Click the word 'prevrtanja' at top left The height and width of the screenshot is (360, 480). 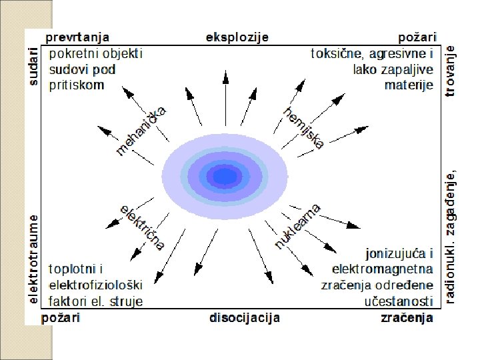coord(77,37)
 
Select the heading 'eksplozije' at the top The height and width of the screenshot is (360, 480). coord(238,37)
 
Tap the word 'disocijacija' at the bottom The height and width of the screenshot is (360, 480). coord(245,318)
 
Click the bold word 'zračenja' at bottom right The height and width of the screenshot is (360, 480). coord(407,318)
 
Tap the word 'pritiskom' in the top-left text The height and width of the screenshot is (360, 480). coord(77,85)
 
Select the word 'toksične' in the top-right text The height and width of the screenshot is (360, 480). coord(336,53)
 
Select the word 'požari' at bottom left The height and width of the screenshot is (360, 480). coord(61,318)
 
